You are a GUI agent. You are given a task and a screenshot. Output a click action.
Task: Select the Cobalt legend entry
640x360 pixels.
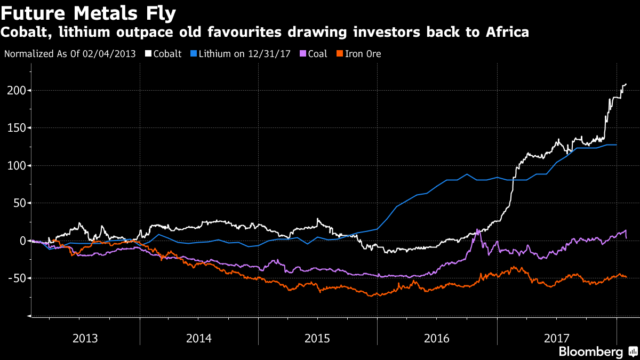(167, 54)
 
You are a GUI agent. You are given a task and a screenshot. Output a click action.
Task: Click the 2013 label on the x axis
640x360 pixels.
(85, 338)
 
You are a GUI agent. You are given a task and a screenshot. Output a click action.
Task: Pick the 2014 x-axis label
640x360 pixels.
(199, 338)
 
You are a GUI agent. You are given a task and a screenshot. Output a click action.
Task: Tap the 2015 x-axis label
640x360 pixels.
(317, 338)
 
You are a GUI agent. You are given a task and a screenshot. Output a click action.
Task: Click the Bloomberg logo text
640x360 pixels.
(590, 351)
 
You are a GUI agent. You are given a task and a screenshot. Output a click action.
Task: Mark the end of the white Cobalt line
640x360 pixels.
(626, 84)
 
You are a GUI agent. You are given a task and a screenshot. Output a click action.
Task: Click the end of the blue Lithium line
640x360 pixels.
(617, 145)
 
